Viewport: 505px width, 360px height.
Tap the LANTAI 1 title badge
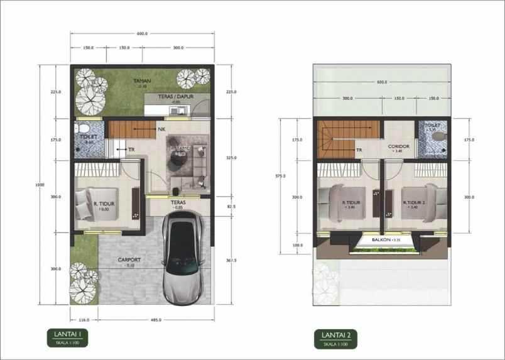point(67,337)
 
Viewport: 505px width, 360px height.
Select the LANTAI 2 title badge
point(336,339)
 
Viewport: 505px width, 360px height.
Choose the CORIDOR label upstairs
point(399,146)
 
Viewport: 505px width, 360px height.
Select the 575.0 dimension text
point(280,176)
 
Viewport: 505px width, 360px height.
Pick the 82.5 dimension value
point(231,205)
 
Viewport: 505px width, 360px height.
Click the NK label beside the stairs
point(161,129)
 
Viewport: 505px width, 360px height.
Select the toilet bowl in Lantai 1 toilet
point(84,129)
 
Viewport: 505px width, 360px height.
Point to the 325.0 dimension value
point(231,158)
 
